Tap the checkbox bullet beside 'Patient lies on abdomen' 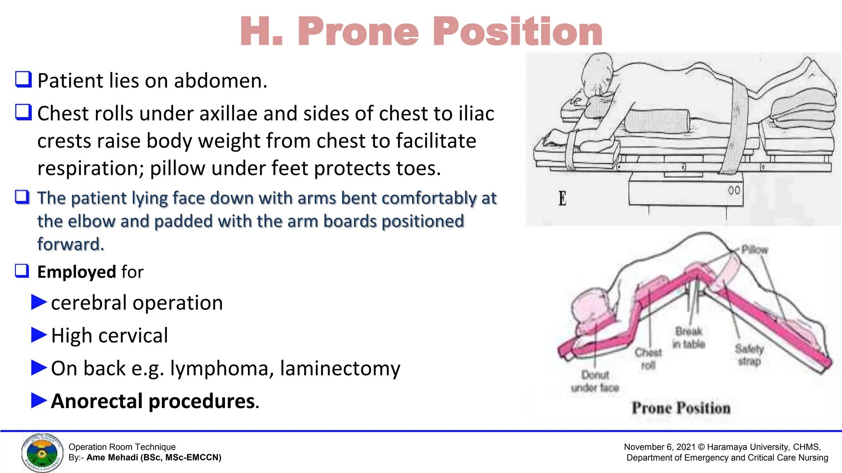click(x=23, y=79)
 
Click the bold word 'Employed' click(x=76, y=272)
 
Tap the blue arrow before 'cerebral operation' click(x=39, y=302)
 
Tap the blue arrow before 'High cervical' click(x=39, y=335)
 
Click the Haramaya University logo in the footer click(x=42, y=453)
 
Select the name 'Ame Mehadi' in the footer click(x=112, y=458)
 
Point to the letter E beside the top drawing click(x=562, y=199)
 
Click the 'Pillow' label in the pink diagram click(x=754, y=250)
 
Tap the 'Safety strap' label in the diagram click(x=749, y=355)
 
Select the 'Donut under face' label click(x=595, y=381)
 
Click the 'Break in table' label click(x=689, y=338)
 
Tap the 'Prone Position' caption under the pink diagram click(x=681, y=408)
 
